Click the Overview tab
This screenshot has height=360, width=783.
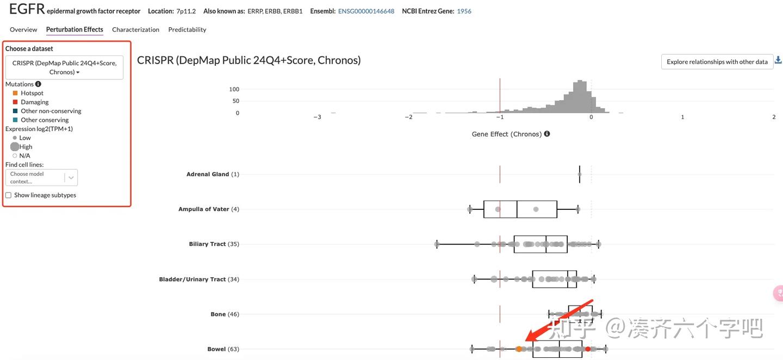pyautogui.click(x=23, y=29)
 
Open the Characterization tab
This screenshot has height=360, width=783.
pyautogui.click(x=135, y=29)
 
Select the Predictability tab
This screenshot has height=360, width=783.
pyautogui.click(x=187, y=29)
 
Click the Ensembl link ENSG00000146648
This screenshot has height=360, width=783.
pyautogui.click(x=366, y=11)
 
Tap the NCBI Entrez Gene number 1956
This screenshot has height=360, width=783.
pyautogui.click(x=464, y=11)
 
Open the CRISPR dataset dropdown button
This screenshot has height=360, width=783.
pyautogui.click(x=64, y=67)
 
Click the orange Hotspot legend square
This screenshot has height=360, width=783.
pyautogui.click(x=15, y=93)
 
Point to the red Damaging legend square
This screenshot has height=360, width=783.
pyautogui.click(x=15, y=102)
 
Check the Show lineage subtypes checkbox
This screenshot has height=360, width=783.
pyautogui.click(x=8, y=195)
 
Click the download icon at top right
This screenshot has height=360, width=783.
pyautogui.click(x=778, y=60)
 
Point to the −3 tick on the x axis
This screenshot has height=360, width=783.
pyautogui.click(x=318, y=117)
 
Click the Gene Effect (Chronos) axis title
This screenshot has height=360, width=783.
pyautogui.click(x=506, y=134)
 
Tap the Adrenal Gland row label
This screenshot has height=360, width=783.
pyautogui.click(x=208, y=175)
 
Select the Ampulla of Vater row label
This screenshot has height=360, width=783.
pyautogui.click(x=204, y=209)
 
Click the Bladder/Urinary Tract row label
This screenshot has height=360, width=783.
pyautogui.click(x=192, y=280)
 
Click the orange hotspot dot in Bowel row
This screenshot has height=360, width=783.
pyautogui.click(x=519, y=349)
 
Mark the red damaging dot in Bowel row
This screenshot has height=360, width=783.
pyautogui.click(x=588, y=349)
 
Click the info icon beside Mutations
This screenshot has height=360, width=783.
pyautogui.click(x=38, y=84)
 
